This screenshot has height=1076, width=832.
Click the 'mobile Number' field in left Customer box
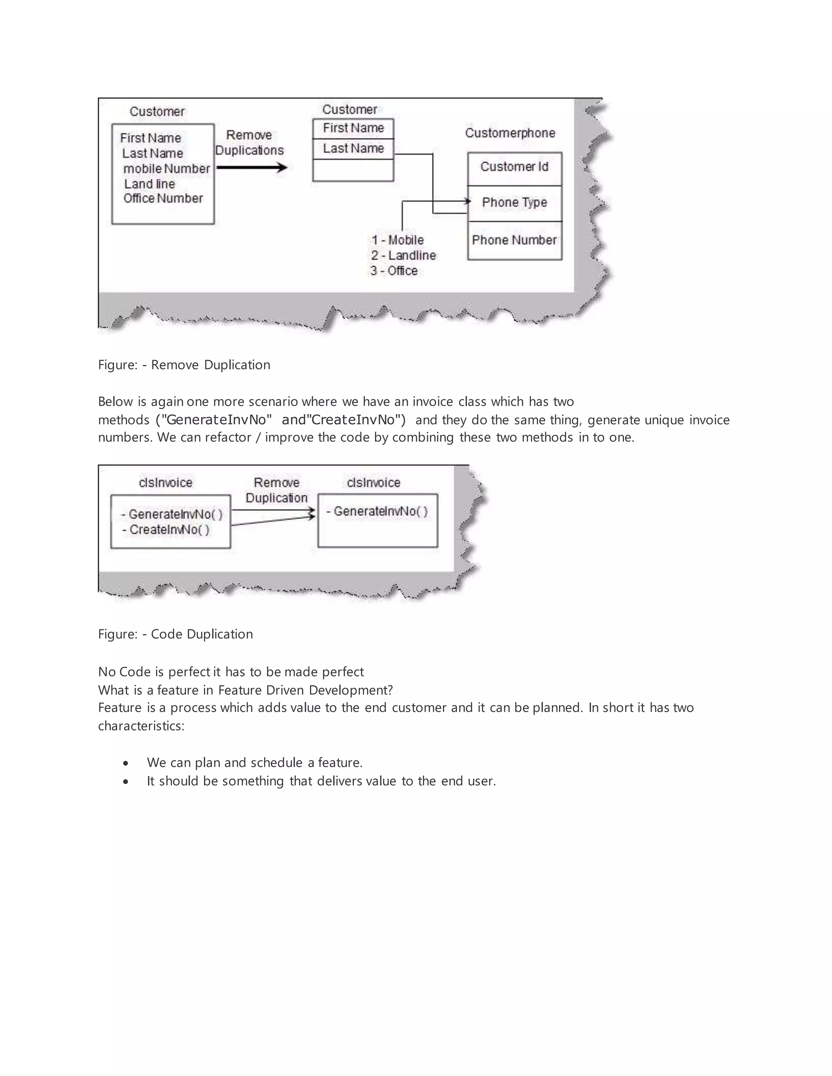(x=167, y=169)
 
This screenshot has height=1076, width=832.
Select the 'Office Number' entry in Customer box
(x=163, y=198)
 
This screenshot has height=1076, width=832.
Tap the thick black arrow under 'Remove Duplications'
(x=252, y=168)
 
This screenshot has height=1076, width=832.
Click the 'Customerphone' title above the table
(x=510, y=133)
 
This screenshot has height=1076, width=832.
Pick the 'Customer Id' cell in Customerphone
(x=514, y=167)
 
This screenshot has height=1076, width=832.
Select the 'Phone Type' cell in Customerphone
(x=514, y=203)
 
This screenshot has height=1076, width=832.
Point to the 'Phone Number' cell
(x=514, y=240)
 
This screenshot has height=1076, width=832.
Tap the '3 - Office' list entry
(x=394, y=270)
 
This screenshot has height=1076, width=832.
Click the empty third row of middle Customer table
(x=353, y=171)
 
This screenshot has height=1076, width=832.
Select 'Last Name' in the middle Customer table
(x=353, y=148)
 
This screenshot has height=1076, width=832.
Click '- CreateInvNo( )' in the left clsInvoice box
(x=166, y=529)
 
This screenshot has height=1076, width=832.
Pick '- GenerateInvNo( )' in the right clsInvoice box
(x=377, y=511)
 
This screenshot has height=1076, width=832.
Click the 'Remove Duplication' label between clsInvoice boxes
(x=277, y=490)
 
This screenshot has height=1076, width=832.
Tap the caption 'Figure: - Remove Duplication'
(x=184, y=365)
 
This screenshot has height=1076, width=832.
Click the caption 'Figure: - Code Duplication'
(x=175, y=634)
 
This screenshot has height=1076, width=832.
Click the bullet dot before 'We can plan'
(x=126, y=763)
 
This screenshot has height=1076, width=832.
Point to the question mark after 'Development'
(x=390, y=690)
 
